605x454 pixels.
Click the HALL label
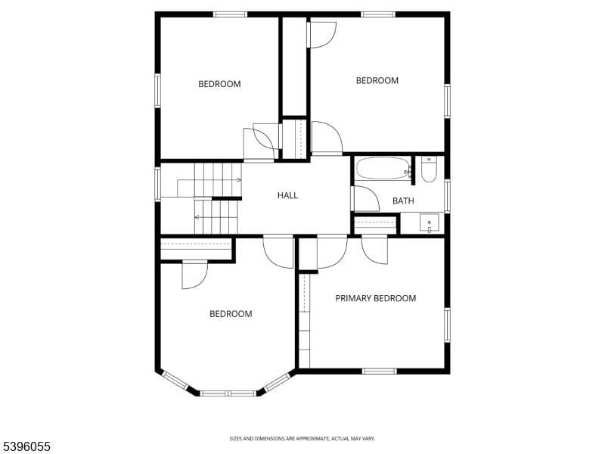tap(287, 195)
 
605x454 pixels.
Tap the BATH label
tap(403, 201)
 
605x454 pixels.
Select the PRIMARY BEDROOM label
tap(375, 298)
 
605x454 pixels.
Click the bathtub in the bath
tap(383, 168)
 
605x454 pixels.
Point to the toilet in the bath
tap(429, 169)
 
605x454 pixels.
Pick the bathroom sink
tap(430, 224)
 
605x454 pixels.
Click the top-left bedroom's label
tap(219, 84)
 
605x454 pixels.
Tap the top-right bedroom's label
tap(377, 81)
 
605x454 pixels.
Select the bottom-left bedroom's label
tap(231, 314)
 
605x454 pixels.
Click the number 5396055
tap(26, 446)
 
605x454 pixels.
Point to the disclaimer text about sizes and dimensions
tap(302, 438)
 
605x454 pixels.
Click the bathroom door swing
tap(365, 199)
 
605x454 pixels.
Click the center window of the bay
tap(228, 393)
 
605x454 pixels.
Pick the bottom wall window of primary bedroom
tap(379, 371)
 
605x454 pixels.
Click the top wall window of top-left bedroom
tap(230, 14)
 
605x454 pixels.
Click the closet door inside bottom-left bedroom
tap(194, 275)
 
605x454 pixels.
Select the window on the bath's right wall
tap(447, 195)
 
